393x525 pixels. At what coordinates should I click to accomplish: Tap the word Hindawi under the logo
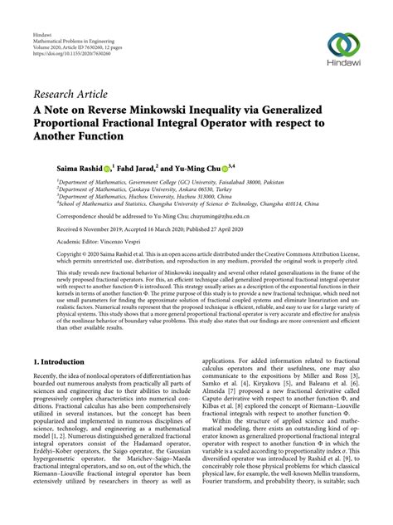tap(346, 71)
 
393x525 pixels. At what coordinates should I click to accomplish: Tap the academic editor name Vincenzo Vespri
tap(124, 242)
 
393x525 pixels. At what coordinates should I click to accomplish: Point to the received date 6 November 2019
tap(93, 228)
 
